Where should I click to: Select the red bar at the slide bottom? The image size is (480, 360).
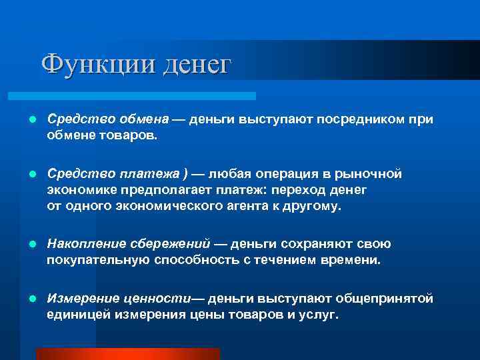tap(128, 353)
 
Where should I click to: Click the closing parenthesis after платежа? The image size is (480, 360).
tap(185, 175)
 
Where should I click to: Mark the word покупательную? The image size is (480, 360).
tap(89, 261)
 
